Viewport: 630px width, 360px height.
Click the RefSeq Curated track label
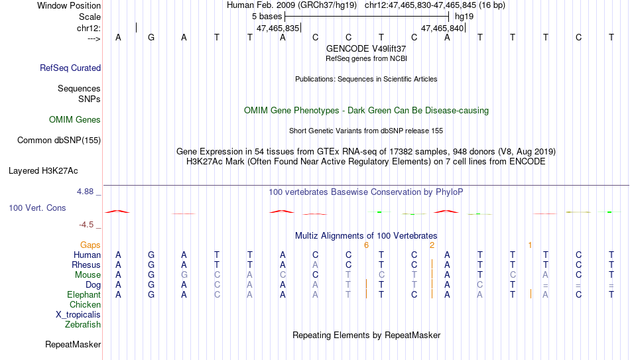(x=70, y=68)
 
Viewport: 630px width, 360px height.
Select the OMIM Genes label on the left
(x=75, y=120)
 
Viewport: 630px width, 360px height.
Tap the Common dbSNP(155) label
(x=59, y=141)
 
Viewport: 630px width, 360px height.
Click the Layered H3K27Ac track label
(x=43, y=171)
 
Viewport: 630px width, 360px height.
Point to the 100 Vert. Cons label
(x=37, y=208)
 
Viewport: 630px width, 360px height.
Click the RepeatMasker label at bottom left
(x=73, y=344)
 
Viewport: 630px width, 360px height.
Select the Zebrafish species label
(x=83, y=324)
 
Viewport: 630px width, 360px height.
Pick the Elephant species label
(x=84, y=295)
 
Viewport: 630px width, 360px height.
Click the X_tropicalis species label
(x=78, y=315)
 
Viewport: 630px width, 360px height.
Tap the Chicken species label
(x=85, y=304)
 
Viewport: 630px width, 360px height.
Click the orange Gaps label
(x=90, y=245)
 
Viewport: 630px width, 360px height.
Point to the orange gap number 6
(x=366, y=245)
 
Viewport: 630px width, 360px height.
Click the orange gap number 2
(x=432, y=245)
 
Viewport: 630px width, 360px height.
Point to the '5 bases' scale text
(x=267, y=17)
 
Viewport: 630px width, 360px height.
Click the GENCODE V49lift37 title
(x=366, y=48)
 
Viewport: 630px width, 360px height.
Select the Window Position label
(x=69, y=5)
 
